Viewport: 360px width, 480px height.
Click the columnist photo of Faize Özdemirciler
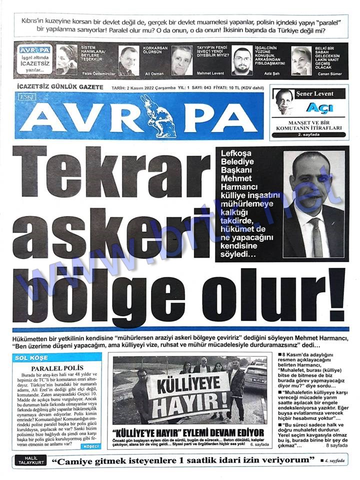[66, 59]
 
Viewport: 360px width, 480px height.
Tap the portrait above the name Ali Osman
[129, 59]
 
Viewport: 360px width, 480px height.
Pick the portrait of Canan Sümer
[301, 60]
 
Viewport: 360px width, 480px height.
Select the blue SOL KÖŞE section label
[31, 358]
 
